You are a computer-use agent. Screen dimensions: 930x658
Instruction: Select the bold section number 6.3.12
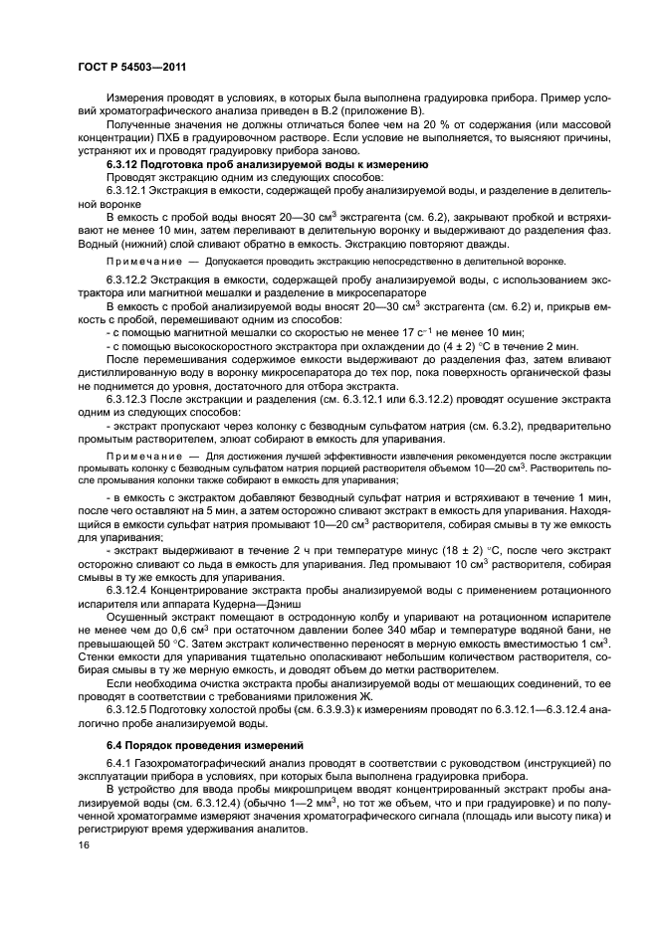(x=124, y=163)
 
